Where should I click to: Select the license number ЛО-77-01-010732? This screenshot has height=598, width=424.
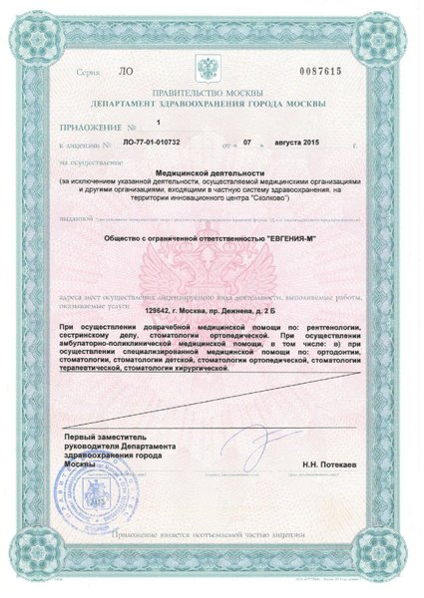point(153,145)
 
